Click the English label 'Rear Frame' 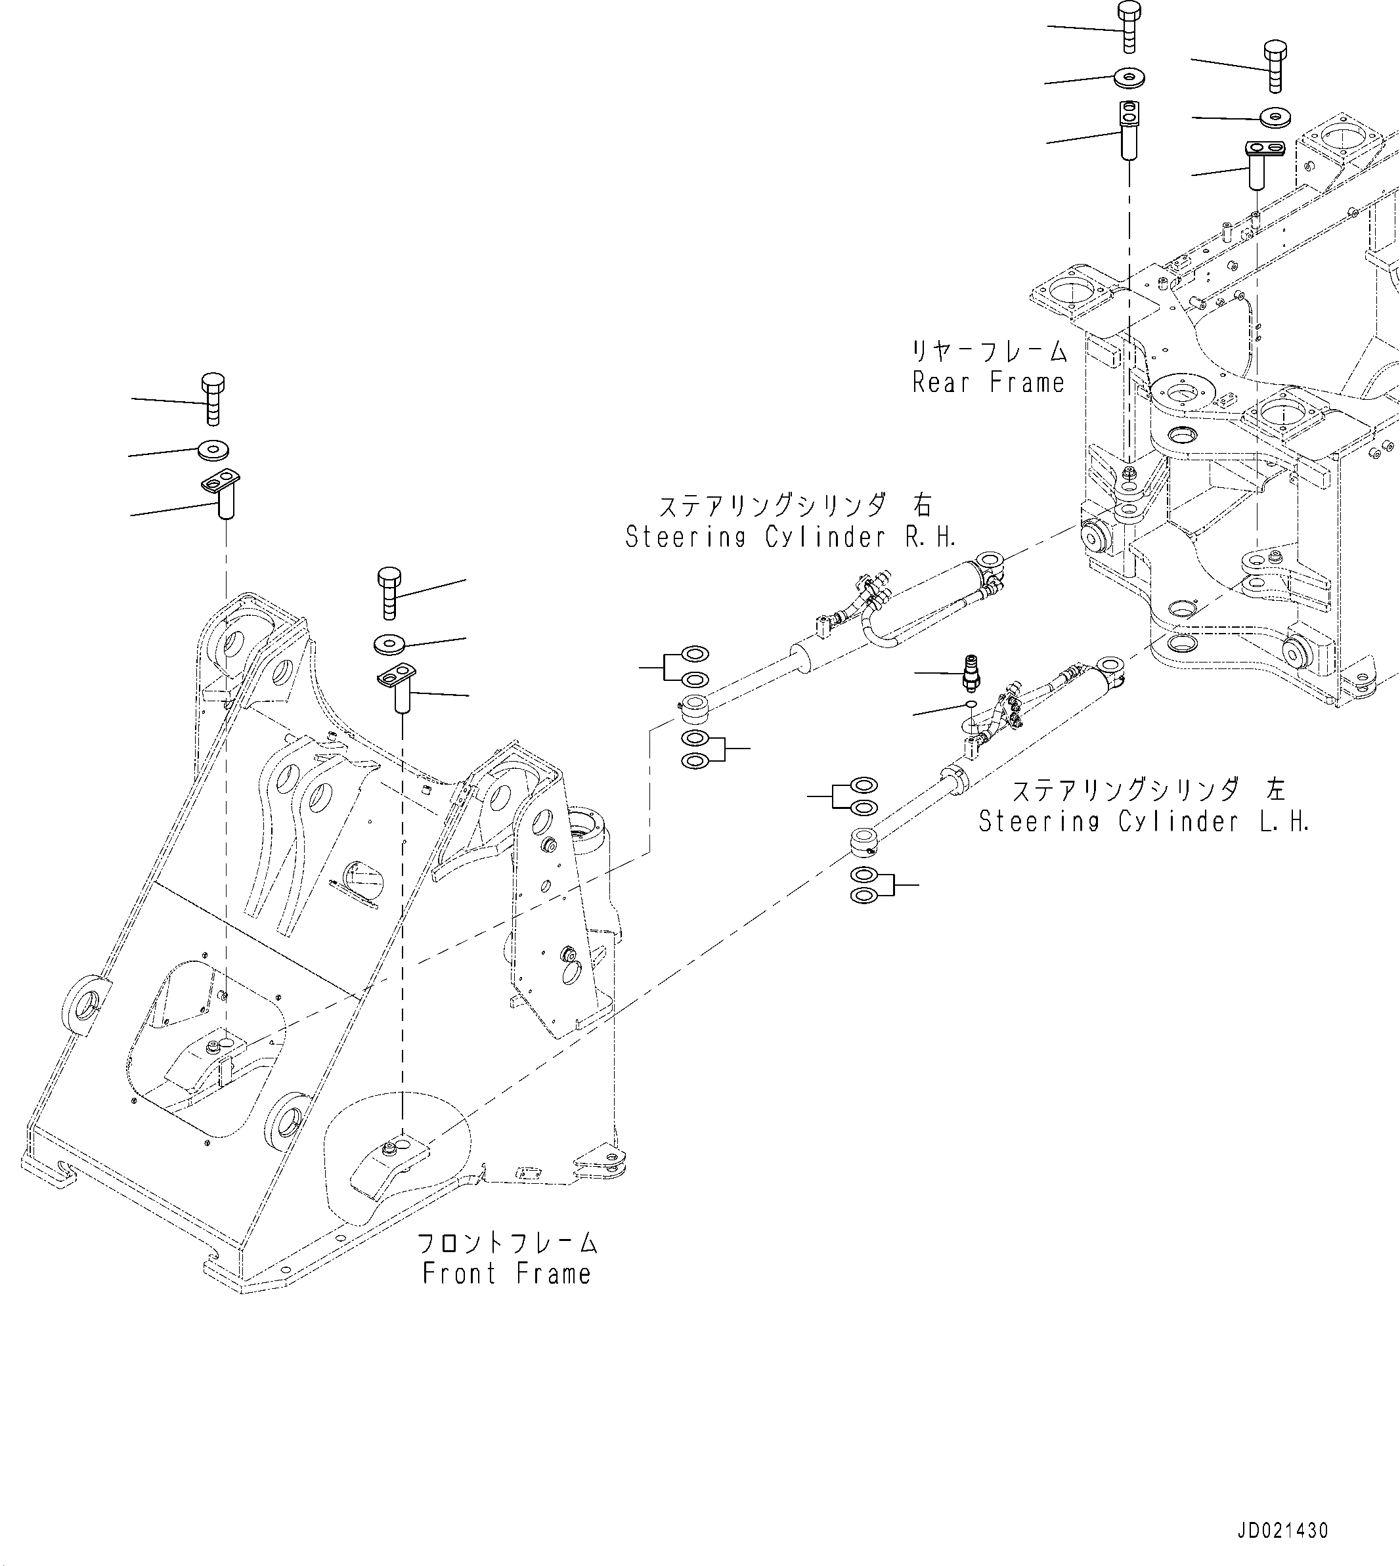[988, 382]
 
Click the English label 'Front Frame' [507, 1273]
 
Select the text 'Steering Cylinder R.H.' [790, 537]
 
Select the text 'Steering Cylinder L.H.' [1144, 821]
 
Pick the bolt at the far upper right [1275, 68]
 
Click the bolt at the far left [213, 399]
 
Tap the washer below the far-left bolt [213, 449]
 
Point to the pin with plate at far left [223, 495]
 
